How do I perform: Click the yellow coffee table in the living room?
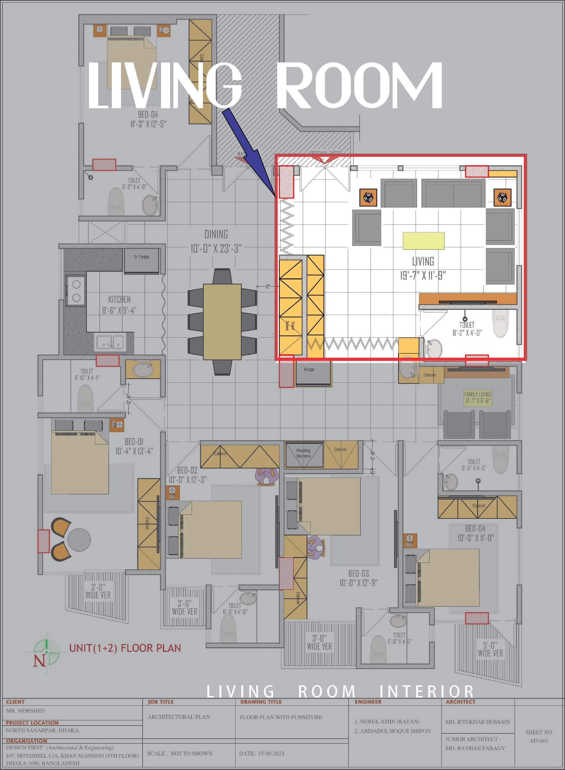pos(423,240)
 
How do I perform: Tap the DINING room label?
pos(216,234)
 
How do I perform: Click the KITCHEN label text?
pos(119,299)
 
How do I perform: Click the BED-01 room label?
pos(134,442)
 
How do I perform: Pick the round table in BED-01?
pos(79,540)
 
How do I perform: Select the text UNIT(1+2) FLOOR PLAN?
pos(125,648)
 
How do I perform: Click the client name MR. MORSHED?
pos(25,711)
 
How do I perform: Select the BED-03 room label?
pos(358,573)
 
